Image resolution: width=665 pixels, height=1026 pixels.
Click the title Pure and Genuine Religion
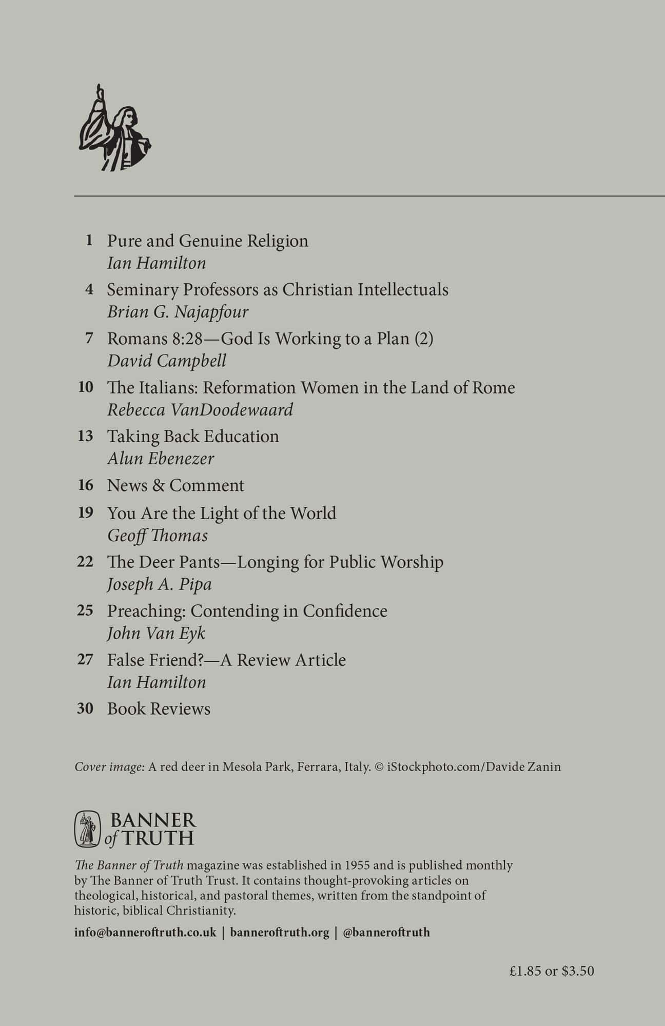click(207, 241)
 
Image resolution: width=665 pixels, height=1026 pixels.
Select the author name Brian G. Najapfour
click(178, 312)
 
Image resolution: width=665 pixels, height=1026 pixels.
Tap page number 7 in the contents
click(89, 339)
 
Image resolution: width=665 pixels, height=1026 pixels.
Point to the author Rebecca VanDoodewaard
click(200, 409)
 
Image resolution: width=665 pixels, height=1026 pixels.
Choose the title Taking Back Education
click(193, 436)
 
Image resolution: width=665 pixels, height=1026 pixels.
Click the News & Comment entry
click(175, 485)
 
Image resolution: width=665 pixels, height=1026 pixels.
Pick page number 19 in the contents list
click(85, 512)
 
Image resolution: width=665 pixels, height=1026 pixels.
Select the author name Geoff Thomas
click(158, 536)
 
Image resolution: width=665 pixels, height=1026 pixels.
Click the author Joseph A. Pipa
click(159, 584)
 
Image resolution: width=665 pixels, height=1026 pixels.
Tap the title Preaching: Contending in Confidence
click(247, 611)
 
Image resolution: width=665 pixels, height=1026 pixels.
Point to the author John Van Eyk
click(156, 633)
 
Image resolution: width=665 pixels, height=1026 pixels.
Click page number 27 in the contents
click(85, 659)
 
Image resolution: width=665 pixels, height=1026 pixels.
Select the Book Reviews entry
click(159, 709)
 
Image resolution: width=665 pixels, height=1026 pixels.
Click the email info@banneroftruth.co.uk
click(145, 932)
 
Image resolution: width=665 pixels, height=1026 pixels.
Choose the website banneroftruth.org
click(280, 932)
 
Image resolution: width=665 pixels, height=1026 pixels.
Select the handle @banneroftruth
click(386, 932)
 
